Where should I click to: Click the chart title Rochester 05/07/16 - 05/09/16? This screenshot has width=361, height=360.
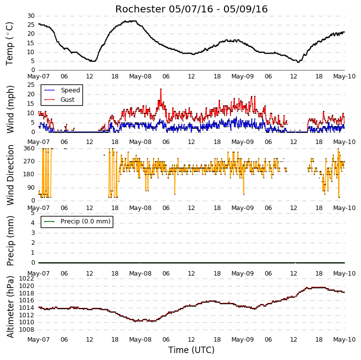[x=191, y=9]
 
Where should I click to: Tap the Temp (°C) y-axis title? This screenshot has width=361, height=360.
[x=9, y=44]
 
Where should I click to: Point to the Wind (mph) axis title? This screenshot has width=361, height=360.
[x=10, y=109]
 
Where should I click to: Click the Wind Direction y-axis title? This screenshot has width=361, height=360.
[x=10, y=175]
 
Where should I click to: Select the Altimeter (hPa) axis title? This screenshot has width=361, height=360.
[x=10, y=307]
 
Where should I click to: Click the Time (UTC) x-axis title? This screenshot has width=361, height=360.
[x=191, y=350]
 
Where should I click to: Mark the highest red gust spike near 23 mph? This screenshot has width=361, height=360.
[x=161, y=89]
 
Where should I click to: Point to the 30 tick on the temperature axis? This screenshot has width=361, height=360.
[x=31, y=16]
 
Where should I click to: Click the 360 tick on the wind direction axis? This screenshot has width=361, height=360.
[x=29, y=148]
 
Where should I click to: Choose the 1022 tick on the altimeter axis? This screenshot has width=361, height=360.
[x=26, y=279]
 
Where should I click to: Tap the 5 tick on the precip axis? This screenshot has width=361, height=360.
[x=33, y=213]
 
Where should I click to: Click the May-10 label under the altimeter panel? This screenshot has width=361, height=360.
[x=345, y=340]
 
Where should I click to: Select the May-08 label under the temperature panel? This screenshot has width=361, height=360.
[x=140, y=76]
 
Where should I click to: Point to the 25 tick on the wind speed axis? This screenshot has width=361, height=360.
[x=31, y=85]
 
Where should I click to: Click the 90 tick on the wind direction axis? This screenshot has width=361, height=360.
[x=31, y=188]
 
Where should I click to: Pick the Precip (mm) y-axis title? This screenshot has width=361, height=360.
[x=10, y=241]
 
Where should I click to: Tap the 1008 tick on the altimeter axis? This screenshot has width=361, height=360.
[x=26, y=330]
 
